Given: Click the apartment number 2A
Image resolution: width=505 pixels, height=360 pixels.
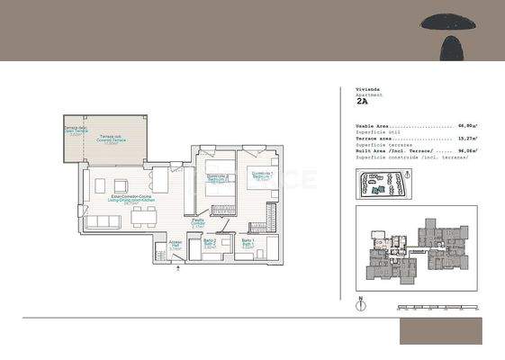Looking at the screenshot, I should (364, 103).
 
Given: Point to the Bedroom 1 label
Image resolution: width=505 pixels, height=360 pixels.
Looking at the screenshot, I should (261, 175).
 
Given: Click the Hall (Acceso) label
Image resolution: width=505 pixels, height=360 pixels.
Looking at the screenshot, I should (176, 244).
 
